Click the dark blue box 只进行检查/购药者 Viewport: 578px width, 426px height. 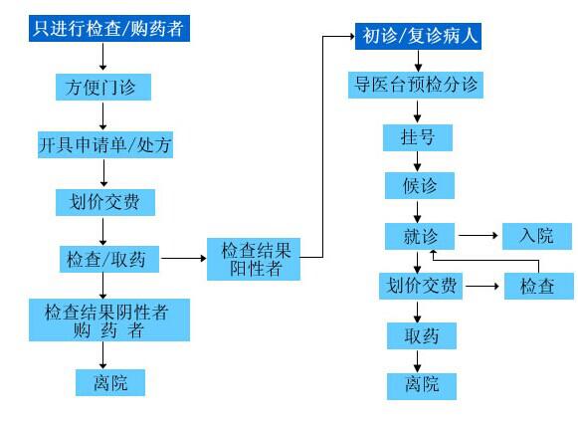(x=109, y=28)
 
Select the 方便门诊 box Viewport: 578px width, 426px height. (x=103, y=87)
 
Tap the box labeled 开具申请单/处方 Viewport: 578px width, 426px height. (x=105, y=144)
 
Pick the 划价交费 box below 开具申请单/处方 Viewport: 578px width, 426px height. (x=105, y=202)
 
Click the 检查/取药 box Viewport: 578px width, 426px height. (x=109, y=260)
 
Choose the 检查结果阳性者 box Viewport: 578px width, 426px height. (x=254, y=259)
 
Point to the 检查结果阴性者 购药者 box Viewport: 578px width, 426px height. (x=109, y=319)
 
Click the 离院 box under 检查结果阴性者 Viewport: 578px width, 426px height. (x=110, y=382)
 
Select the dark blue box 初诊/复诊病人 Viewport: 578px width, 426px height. (x=418, y=36)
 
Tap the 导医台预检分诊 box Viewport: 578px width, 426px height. (x=416, y=85)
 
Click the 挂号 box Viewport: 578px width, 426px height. (x=418, y=137)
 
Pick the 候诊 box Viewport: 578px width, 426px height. (x=420, y=185)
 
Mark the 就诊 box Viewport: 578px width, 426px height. (x=420, y=236)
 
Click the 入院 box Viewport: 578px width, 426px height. (x=537, y=236)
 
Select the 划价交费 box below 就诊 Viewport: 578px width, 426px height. (x=421, y=286)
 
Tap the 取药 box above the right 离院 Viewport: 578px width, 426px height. (x=422, y=335)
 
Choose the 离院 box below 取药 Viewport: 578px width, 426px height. (x=422, y=386)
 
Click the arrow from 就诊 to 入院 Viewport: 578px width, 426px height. (x=479, y=235)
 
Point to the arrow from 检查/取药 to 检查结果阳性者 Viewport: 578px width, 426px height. (x=184, y=258)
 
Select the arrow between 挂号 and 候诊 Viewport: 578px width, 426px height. (x=417, y=161)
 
